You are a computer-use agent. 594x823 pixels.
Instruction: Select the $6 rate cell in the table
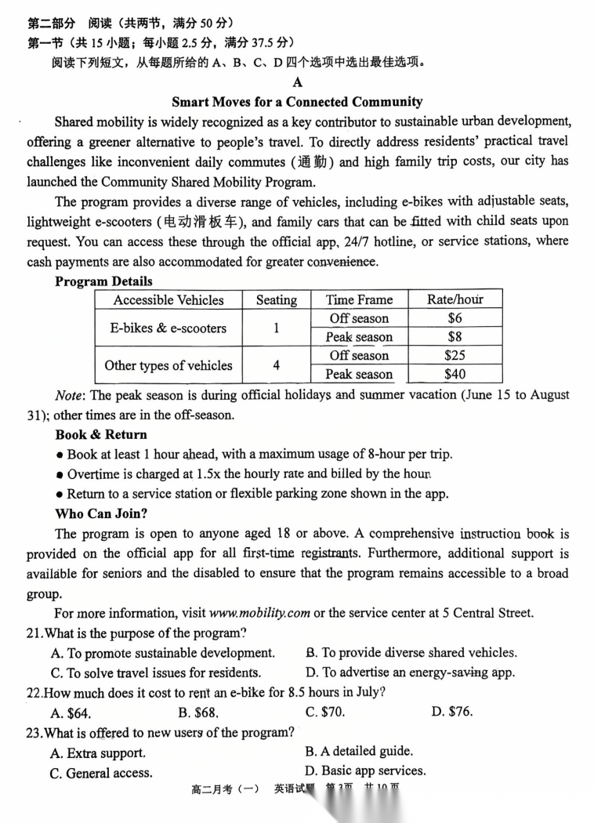(455, 318)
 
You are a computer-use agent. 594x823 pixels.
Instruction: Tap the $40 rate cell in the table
(455, 374)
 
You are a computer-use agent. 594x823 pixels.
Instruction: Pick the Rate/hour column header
(455, 299)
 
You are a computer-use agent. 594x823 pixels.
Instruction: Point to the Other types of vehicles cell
(168, 365)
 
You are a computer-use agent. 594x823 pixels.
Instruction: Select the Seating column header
(277, 299)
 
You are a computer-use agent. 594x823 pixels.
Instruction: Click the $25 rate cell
(455, 355)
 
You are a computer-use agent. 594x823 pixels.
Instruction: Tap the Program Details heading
(103, 281)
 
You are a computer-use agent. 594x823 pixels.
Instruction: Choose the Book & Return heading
(101, 434)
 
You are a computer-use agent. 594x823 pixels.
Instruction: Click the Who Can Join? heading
(101, 514)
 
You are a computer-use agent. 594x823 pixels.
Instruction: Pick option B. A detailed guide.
(359, 752)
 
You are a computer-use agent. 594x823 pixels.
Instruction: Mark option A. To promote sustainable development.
(163, 653)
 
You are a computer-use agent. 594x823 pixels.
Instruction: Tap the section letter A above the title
(297, 82)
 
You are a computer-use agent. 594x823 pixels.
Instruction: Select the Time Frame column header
(359, 299)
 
